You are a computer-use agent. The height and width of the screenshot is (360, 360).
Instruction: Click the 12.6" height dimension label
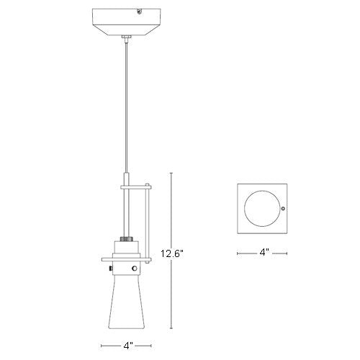click(x=174, y=253)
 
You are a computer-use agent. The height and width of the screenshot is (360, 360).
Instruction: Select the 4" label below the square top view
click(x=264, y=253)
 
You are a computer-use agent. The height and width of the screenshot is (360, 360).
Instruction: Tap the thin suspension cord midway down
click(x=127, y=108)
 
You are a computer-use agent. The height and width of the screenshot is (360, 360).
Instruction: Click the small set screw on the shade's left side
click(x=110, y=270)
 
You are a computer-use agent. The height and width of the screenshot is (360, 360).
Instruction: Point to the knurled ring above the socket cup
click(x=127, y=238)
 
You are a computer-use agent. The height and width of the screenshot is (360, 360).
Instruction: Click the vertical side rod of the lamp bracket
click(x=150, y=223)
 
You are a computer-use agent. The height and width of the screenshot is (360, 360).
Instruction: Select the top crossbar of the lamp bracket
click(x=137, y=186)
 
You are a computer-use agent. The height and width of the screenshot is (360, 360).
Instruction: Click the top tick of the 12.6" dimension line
click(x=171, y=172)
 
